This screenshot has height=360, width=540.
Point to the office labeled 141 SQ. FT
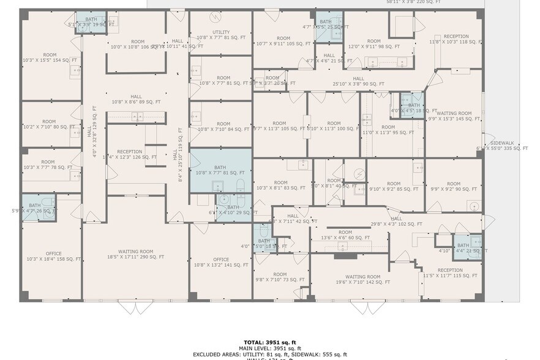pos(221,262)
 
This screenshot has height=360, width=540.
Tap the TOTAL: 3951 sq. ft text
pos(270,342)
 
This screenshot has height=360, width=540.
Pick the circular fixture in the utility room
pos(213,17)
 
